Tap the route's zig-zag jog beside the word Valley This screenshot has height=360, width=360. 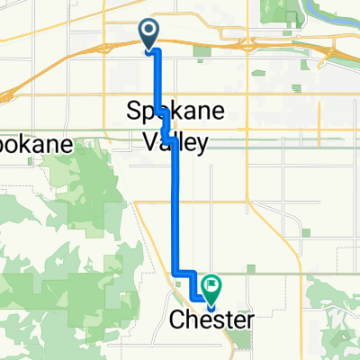pyautogui.click(x=166, y=126)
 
